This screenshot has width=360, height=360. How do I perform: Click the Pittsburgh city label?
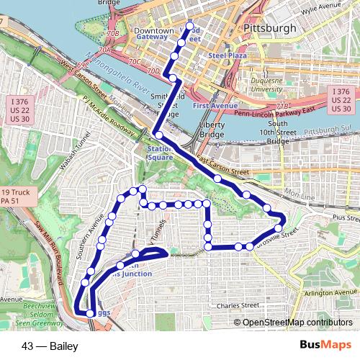coord(270,28)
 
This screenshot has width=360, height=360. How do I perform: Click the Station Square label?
coord(160,153)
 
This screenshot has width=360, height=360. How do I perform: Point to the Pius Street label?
coord(338,215)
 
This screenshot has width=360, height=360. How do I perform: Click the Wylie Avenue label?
coord(320,7)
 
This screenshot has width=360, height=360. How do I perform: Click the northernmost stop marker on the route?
coord(191,27)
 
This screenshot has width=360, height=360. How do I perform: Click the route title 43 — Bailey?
coord(50,346)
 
